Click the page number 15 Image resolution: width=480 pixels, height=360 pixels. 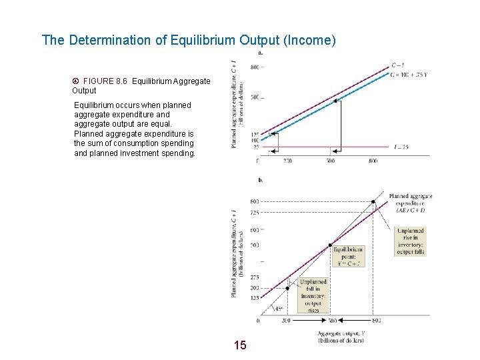pos(240,345)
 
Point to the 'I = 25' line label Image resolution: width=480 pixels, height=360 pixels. pos(401,147)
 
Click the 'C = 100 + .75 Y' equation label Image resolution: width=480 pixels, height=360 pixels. pos(409,75)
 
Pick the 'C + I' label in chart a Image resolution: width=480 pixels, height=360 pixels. pos(398,65)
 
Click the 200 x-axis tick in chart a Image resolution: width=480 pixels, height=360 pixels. pos(287,161)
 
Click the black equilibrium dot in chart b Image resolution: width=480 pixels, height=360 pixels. pos(331,245)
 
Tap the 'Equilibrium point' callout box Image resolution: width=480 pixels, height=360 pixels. pos(349,256)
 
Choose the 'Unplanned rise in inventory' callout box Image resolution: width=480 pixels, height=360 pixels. pos(411,241)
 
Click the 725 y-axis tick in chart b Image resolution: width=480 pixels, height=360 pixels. pos(255,213)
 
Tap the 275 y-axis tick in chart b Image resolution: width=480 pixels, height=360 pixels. pos(255,277)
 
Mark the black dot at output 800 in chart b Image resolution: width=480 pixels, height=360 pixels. pos(373,201)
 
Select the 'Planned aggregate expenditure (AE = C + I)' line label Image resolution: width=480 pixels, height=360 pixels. pos(413,203)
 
